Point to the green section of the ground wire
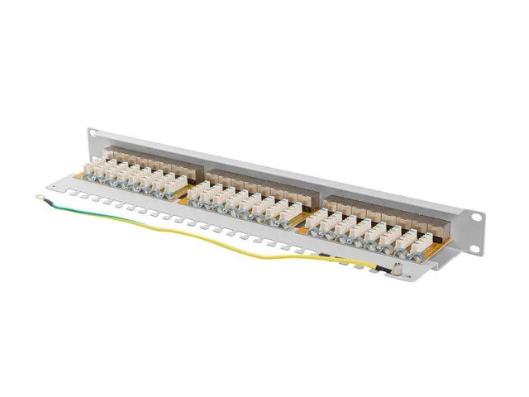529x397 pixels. pos(99,213)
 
